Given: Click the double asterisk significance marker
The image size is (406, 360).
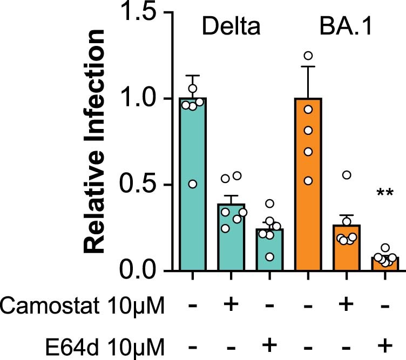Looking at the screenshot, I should pyautogui.click(x=385, y=193).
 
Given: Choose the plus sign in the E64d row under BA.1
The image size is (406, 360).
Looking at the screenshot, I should pyautogui.click(x=385, y=343).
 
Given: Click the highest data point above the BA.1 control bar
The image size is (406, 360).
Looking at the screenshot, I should pyautogui.click(x=308, y=56).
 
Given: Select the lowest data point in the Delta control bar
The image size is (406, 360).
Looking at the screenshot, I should pyautogui.click(x=192, y=184).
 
